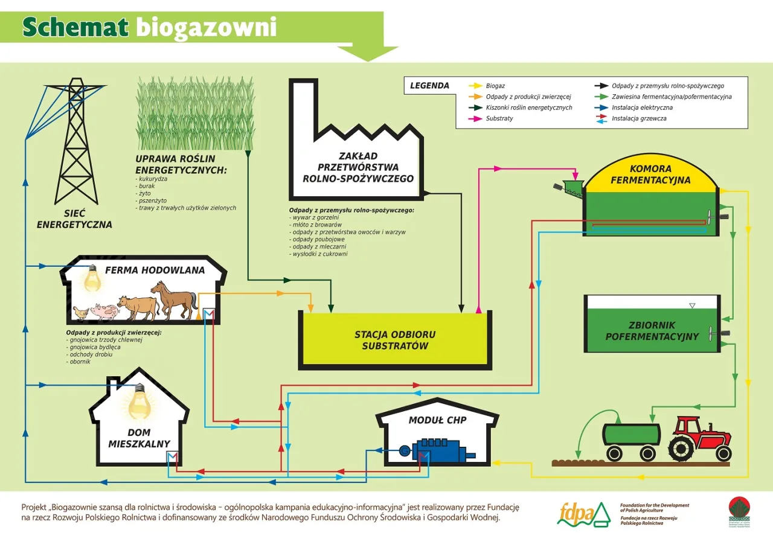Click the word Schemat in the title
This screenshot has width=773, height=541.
(x=75, y=27)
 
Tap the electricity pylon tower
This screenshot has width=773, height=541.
(x=76, y=142)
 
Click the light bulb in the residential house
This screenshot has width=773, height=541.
(x=139, y=402)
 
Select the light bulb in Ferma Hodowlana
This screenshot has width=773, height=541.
(x=92, y=277)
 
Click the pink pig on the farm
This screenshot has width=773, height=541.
(x=103, y=312)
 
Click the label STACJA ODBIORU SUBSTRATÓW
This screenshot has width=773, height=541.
(x=395, y=340)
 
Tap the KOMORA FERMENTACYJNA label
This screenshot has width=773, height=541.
(x=650, y=174)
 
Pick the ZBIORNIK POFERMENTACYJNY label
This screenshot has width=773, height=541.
(x=652, y=331)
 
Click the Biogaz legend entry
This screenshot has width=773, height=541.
(x=495, y=86)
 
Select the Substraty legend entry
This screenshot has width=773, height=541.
(x=499, y=119)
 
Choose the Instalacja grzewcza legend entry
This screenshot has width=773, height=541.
(x=639, y=119)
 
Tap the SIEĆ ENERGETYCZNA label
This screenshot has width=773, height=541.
(x=75, y=219)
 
